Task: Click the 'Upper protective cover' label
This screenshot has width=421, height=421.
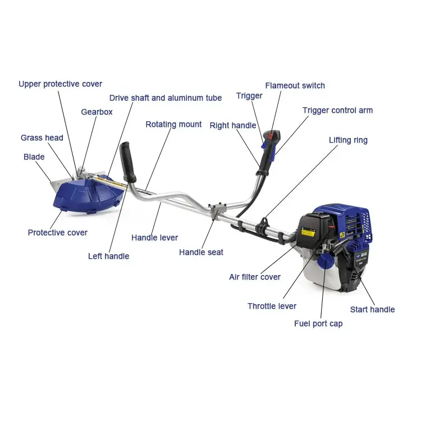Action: pyautogui.click(x=60, y=84)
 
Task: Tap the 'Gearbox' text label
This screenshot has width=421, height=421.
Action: pyautogui.click(x=97, y=112)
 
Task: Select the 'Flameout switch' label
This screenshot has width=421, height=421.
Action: pyautogui.click(x=295, y=85)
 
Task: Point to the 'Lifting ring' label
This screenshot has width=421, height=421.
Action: pyautogui.click(x=348, y=140)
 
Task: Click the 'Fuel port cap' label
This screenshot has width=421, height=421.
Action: pyautogui.click(x=318, y=323)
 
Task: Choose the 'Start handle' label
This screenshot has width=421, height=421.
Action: pyautogui.click(x=372, y=309)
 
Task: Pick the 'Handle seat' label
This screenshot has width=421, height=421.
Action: pyautogui.click(x=201, y=252)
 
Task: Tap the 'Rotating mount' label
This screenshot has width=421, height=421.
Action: pyautogui.click(x=173, y=124)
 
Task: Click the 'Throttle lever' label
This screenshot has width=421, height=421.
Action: pyautogui.click(x=272, y=306)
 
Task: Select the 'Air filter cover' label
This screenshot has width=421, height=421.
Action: pyautogui.click(x=255, y=277)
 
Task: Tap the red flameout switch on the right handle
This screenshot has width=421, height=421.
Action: pyautogui.click(x=273, y=136)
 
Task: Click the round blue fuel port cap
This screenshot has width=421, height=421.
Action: pyautogui.click(x=325, y=261)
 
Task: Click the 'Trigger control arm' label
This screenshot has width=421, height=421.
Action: pyautogui.click(x=337, y=110)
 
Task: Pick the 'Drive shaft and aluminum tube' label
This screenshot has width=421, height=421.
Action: pyautogui.click(x=166, y=98)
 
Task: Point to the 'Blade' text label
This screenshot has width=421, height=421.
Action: pyautogui.click(x=34, y=157)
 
